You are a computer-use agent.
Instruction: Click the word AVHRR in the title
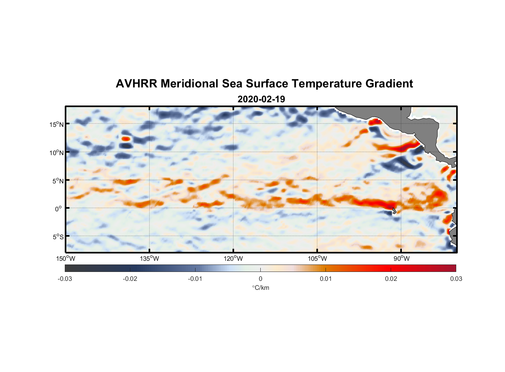(136, 84)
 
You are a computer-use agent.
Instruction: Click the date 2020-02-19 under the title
(261, 99)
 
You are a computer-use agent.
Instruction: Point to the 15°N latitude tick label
(56, 124)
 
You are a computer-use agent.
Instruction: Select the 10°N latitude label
(56, 153)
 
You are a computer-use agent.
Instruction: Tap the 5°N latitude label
(57, 181)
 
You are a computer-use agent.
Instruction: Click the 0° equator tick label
(58, 209)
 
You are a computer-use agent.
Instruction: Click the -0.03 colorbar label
(65, 279)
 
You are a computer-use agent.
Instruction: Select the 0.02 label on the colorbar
(391, 279)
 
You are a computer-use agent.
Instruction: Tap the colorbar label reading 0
(260, 279)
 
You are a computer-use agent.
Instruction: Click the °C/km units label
(260, 288)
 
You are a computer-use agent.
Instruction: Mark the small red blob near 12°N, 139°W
(126, 139)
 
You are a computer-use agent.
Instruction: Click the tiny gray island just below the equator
(394, 211)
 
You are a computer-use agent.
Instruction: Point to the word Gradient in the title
(389, 84)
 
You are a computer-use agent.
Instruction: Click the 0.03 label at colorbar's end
(456, 279)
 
